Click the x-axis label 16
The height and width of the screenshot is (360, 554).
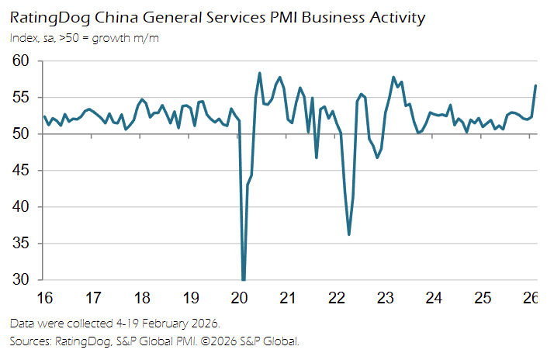pos(44,298)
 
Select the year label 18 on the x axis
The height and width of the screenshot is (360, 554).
pos(142,298)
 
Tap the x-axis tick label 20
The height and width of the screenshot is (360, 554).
pos(239,298)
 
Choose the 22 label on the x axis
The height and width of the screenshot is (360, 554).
pos(337,298)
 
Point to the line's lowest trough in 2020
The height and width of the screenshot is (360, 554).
pos(244,279)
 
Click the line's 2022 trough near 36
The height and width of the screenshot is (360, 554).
pos(349,234)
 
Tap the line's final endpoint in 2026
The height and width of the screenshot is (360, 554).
pos(535,85)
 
